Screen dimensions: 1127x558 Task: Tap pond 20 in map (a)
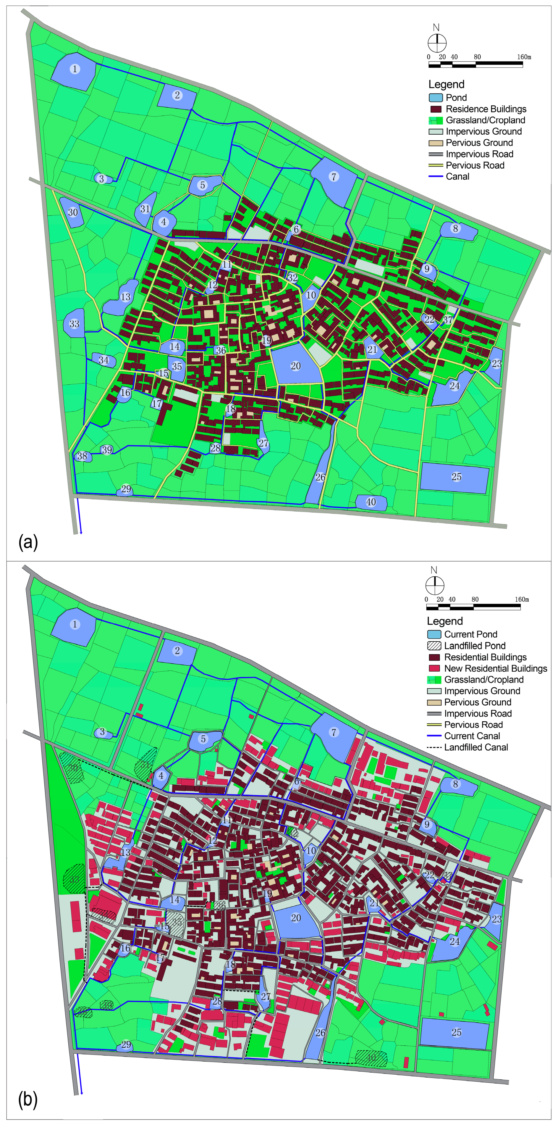tap(296, 365)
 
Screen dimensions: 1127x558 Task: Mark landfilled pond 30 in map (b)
tap(72, 768)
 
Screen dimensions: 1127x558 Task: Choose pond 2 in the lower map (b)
tap(177, 651)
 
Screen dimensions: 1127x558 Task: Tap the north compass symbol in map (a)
tap(436, 43)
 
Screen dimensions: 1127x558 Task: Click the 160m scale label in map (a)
tap(524, 57)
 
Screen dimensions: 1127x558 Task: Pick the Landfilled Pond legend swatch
tap(434, 646)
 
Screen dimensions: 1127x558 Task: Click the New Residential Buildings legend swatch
tap(434, 668)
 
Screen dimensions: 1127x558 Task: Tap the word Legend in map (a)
tap(446, 84)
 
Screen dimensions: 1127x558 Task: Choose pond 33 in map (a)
tap(74, 324)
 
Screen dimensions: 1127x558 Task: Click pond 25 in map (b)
tap(455, 1033)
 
